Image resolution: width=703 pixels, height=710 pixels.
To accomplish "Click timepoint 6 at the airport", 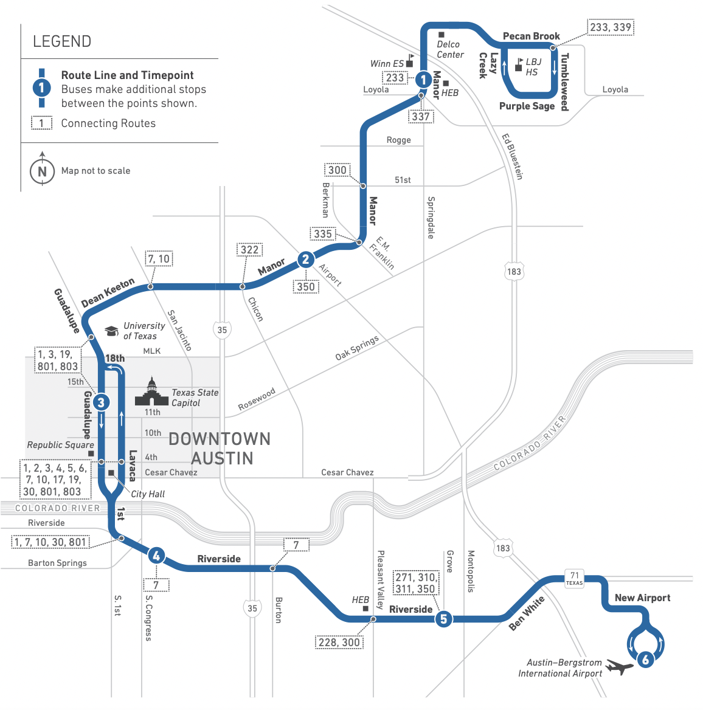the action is (645, 660).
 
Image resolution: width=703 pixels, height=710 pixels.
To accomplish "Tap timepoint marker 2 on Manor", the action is (305, 260).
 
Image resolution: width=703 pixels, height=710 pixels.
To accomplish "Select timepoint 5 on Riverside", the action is (443, 619).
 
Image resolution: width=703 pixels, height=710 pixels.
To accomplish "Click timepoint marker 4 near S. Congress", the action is (156, 555).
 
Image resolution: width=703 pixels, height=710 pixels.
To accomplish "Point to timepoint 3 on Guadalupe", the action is (101, 402).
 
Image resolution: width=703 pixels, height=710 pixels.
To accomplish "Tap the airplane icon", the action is (620, 666).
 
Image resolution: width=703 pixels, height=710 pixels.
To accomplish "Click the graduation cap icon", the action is (111, 331).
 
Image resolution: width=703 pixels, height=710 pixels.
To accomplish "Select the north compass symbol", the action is (42, 170).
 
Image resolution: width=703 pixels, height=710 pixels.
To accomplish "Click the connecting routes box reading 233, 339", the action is (611, 27).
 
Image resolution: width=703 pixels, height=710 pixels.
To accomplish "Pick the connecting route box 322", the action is (249, 249).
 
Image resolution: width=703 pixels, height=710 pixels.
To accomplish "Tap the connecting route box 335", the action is (323, 233).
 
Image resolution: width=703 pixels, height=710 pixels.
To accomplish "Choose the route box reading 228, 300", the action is (339, 642).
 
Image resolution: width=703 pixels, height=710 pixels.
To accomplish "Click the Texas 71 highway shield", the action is (574, 578).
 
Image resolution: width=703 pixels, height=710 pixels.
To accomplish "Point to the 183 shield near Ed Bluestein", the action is (514, 271).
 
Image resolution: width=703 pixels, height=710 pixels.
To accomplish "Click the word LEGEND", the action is (62, 41).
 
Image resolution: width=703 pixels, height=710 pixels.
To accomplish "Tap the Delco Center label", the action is (450, 49).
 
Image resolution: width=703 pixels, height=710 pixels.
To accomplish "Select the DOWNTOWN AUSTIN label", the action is (220, 448).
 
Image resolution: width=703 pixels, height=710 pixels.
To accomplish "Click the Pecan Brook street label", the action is (531, 36).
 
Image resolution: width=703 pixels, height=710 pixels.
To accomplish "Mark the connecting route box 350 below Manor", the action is (306, 286).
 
